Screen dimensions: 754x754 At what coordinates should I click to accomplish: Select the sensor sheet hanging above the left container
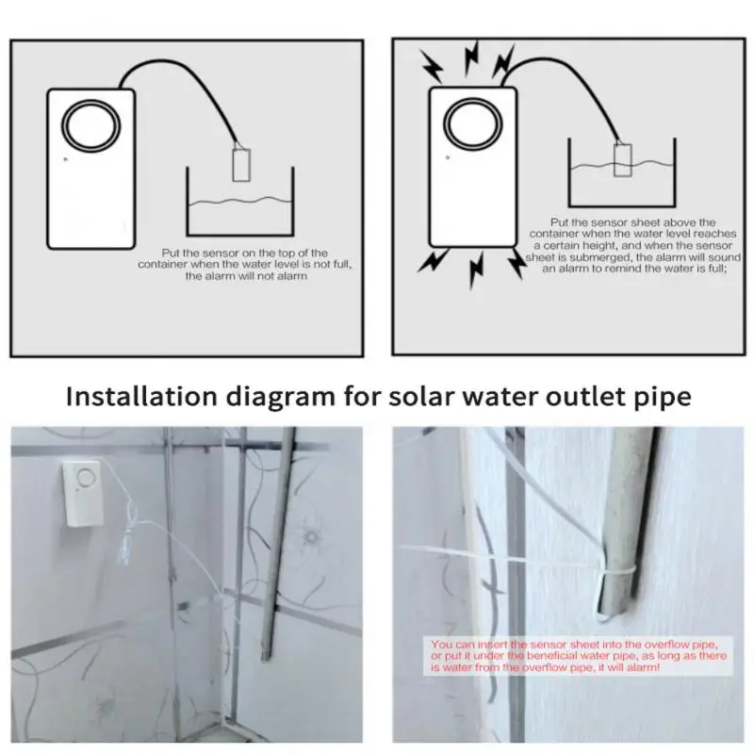tap(240, 162)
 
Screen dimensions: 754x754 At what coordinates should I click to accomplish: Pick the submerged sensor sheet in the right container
tap(622, 160)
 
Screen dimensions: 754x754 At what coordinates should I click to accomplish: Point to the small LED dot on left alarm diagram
tap(64, 160)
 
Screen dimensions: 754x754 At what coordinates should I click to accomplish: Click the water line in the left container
tap(240, 201)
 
